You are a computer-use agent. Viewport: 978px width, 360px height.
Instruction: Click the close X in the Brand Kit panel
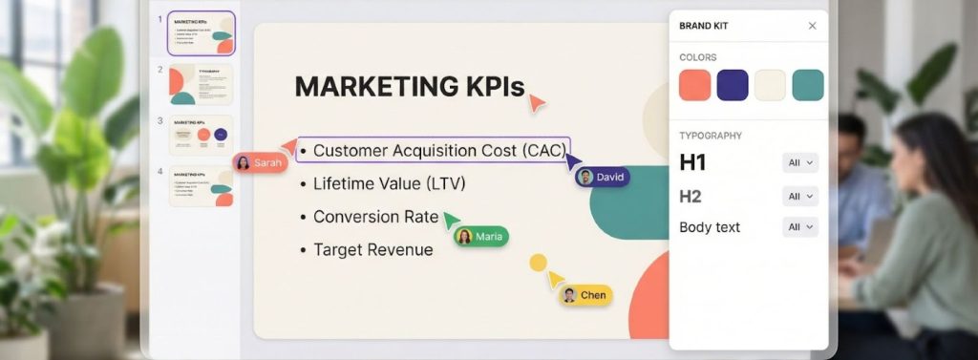[x=812, y=26]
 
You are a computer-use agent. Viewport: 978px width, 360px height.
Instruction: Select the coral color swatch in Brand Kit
[x=694, y=85]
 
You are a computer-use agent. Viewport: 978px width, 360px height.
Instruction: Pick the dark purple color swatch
[x=733, y=85]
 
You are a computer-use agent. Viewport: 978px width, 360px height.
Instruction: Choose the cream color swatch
[x=770, y=85]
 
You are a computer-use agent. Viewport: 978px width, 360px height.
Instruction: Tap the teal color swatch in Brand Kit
[x=808, y=85]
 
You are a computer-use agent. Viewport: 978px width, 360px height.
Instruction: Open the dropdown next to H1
[x=799, y=163]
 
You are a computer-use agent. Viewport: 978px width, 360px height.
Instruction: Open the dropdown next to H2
[x=799, y=196]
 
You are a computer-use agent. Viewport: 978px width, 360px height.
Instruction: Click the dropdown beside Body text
[x=799, y=227]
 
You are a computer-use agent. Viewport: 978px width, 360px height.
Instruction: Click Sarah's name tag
[x=260, y=163]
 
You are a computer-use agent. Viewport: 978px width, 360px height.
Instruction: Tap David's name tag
[x=603, y=177]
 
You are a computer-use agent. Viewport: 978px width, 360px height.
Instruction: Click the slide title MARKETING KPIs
[x=409, y=86]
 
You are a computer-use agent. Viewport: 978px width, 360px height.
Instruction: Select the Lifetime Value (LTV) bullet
[x=389, y=183]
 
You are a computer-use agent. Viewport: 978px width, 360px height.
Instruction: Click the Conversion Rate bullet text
[x=375, y=217]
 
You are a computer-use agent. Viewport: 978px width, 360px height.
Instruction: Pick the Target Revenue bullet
[x=372, y=250]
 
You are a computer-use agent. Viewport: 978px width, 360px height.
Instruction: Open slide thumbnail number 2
[x=201, y=85]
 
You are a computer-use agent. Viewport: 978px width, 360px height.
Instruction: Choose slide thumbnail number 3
[x=201, y=136]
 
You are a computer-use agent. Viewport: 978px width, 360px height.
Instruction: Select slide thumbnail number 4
[x=201, y=187]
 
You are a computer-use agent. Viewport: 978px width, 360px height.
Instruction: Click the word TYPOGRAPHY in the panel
[x=711, y=136]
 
